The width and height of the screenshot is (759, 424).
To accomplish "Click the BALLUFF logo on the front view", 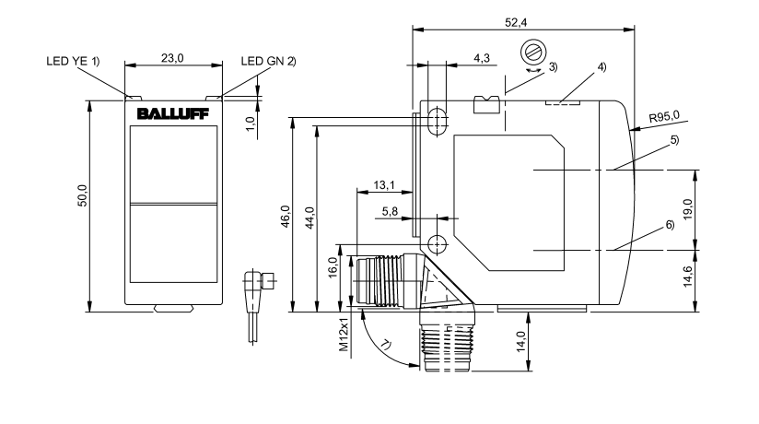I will (x=174, y=114).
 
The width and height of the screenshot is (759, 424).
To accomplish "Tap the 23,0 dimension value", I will (x=173, y=57).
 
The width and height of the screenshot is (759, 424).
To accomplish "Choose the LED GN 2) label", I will (x=268, y=61).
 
